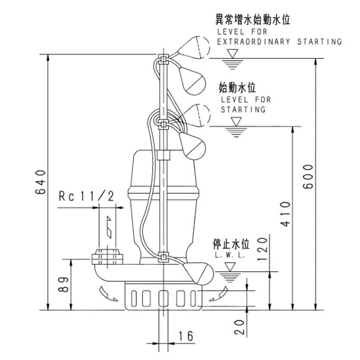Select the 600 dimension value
(308, 176)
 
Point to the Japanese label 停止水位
(230, 244)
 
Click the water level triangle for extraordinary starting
(232, 53)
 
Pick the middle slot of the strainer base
(162, 298)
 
